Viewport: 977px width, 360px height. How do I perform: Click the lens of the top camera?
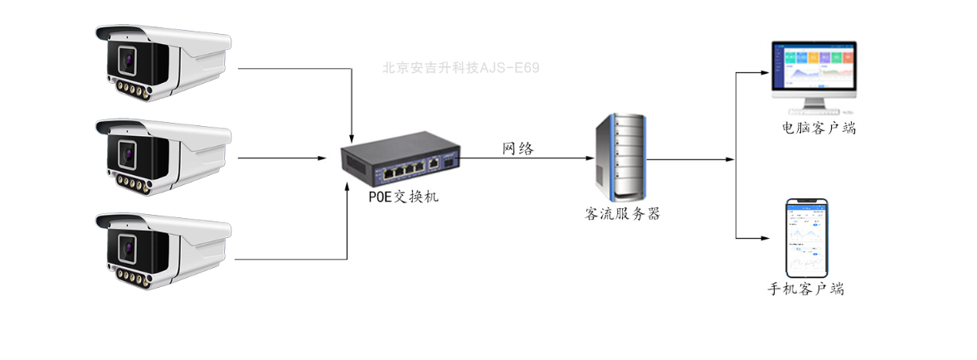(127, 61)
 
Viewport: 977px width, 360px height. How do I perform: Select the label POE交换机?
(404, 197)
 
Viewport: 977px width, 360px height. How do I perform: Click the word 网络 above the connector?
(518, 149)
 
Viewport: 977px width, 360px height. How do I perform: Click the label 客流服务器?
(622, 213)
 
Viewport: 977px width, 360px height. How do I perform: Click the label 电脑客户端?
(819, 129)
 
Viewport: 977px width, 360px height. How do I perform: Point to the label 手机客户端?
(807, 289)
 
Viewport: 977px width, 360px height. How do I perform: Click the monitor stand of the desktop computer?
(814, 105)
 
